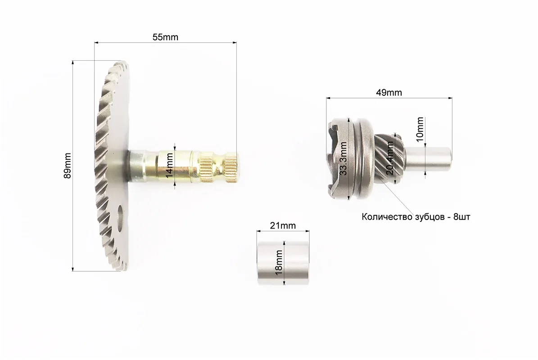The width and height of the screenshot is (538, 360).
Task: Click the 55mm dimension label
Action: pos(165,37)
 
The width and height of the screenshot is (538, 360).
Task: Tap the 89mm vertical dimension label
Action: pos(68,166)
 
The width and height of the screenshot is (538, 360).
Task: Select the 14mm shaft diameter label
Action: pos(169,166)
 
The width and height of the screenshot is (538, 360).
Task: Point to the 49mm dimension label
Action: pos(389,93)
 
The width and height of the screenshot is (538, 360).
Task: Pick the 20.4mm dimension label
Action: pos(390,158)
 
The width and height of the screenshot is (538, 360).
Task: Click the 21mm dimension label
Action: pos(283,225)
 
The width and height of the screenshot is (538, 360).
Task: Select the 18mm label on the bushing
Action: pos(279,262)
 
